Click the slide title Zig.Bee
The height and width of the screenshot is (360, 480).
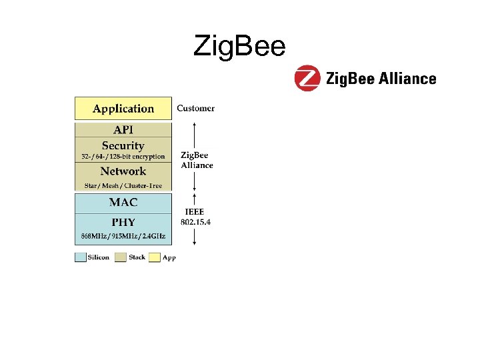[239, 46]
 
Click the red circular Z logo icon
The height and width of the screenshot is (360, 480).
[307, 78]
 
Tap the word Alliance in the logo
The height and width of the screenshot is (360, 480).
[407, 79]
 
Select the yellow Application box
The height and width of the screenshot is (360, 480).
[123, 109]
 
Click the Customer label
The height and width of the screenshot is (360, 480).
[195, 108]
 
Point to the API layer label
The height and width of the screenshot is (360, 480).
[123, 129]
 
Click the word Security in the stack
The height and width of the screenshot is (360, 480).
[123, 145]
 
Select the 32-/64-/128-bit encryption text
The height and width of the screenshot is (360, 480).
[123, 157]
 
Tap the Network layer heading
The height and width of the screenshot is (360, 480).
[123, 171]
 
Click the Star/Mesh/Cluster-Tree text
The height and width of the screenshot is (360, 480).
[123, 185]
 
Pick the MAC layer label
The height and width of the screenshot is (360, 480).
[123, 202]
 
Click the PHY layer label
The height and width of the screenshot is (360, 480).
[123, 222]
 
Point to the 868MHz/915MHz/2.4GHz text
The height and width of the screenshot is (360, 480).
[123, 236]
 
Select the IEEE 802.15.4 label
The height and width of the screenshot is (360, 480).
[196, 217]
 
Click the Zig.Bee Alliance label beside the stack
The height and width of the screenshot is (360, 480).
[197, 160]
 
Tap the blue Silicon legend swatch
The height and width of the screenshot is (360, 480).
[80, 257]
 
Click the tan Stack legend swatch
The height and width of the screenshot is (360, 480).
[121, 257]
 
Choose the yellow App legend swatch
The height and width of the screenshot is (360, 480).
[155, 257]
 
